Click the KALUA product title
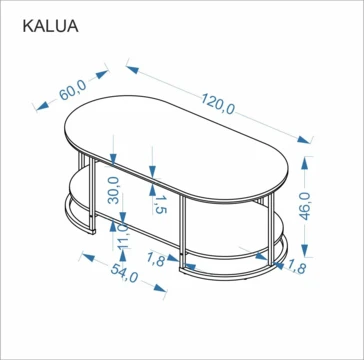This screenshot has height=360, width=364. (x=50, y=26)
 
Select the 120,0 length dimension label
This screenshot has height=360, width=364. (x=218, y=104)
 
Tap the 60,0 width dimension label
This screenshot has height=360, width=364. (x=73, y=90)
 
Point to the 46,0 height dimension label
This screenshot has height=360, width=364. (x=305, y=206)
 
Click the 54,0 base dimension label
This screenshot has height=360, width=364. (x=124, y=273)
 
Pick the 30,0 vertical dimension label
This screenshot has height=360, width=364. (x=113, y=190)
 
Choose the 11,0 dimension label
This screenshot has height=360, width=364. (x=123, y=236)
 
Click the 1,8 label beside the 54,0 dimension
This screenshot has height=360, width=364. (x=156, y=260)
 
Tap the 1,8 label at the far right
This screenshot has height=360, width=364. (x=296, y=267)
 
